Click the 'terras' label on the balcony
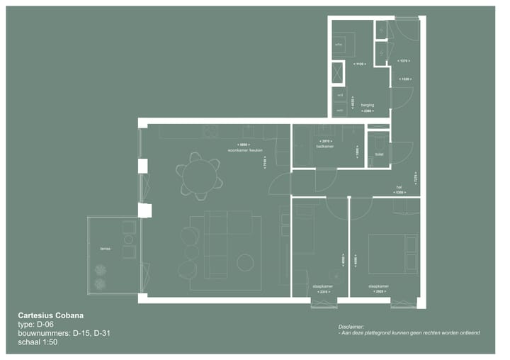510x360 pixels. tap(106, 249)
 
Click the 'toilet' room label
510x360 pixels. tap(379, 154)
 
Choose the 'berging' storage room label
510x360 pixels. tap(367, 105)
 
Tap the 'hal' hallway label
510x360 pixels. tap(399, 187)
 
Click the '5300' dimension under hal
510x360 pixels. tap(399, 192)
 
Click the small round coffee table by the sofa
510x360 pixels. tap(245, 263)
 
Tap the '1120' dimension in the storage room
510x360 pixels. tap(359, 64)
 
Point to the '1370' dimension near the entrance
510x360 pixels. tap(404, 61)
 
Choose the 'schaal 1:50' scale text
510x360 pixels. tap(38, 342)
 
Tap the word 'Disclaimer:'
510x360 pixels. tap(353, 326)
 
